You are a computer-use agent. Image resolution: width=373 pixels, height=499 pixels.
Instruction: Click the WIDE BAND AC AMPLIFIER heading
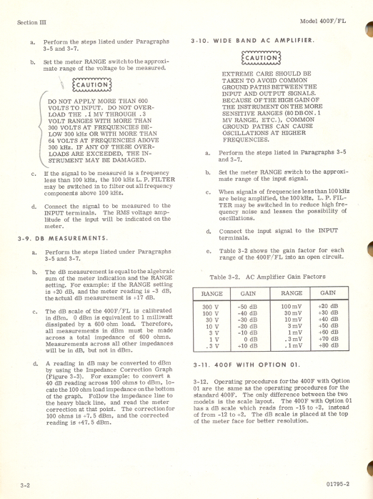click(x=258, y=41)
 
